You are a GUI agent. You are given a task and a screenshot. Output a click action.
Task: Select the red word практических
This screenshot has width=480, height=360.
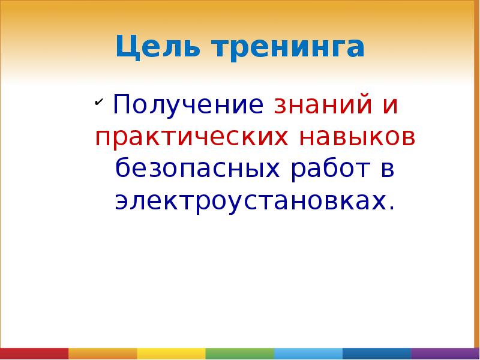(190, 138)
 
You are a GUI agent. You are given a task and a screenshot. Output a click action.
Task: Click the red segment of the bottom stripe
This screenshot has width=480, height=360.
(34, 353)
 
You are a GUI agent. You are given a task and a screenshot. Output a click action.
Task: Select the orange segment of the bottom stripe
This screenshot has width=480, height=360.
(103, 353)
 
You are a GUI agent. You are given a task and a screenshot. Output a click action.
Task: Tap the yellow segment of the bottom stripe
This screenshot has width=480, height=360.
(171, 353)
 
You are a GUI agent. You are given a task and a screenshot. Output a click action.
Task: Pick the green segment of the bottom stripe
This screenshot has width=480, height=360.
(240, 353)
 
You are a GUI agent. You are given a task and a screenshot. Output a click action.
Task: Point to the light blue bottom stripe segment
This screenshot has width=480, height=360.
(308, 353)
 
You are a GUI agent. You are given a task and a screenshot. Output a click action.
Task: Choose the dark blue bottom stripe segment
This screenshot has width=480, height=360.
(377, 353)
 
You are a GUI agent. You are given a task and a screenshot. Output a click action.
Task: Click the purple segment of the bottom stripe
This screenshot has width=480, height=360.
(446, 353)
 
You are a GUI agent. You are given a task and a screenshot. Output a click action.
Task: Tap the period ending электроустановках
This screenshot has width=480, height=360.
(392, 208)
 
